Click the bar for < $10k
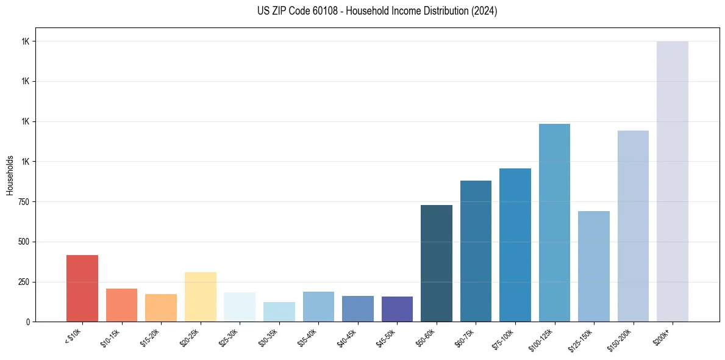point(82,288)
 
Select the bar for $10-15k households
point(121,305)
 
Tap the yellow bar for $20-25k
point(201,297)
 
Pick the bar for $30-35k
point(279,312)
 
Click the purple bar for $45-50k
point(397,309)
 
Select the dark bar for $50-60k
point(437,263)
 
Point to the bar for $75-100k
point(515,245)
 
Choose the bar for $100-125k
point(554,223)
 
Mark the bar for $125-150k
point(594,266)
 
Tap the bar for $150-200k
point(633,226)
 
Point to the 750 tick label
point(24,202)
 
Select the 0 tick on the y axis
point(29,322)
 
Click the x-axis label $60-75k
point(465,337)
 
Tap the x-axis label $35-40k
point(308,337)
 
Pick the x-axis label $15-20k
point(151,337)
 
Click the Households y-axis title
point(10,175)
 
